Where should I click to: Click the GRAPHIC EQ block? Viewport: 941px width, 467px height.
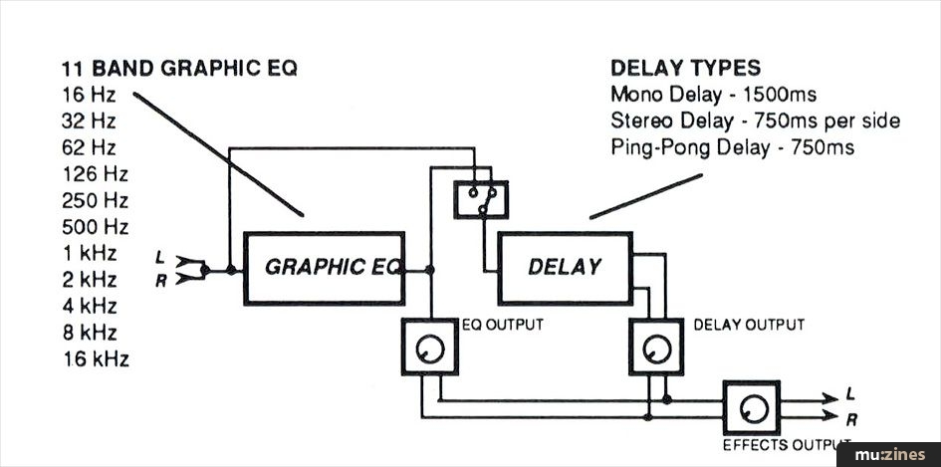click(x=325, y=268)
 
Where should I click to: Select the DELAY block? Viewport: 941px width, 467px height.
click(x=564, y=267)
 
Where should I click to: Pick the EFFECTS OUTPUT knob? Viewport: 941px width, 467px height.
click(x=752, y=407)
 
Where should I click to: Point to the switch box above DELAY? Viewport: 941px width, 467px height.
click(x=480, y=198)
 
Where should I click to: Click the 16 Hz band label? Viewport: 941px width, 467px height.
click(x=89, y=96)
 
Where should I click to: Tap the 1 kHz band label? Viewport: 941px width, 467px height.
click(x=89, y=253)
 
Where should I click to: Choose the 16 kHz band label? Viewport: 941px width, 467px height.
click(x=95, y=358)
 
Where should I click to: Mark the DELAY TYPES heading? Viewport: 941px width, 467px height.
click(x=685, y=69)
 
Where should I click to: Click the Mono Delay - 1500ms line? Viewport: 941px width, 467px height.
click(x=713, y=96)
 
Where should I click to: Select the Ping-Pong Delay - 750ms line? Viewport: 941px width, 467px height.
click(x=733, y=147)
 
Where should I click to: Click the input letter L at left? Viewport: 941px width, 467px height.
click(x=160, y=258)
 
